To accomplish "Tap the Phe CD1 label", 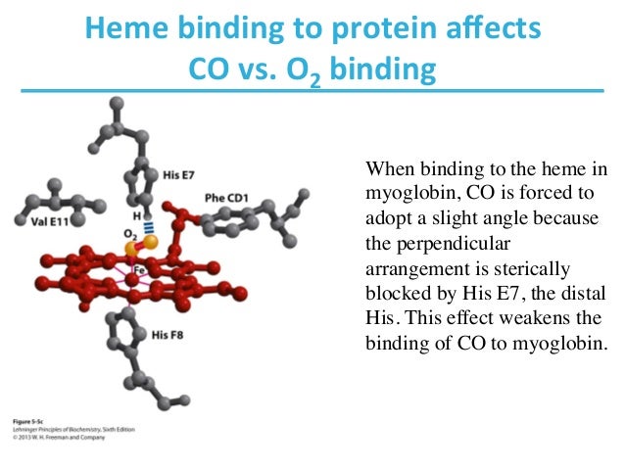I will click(226, 199).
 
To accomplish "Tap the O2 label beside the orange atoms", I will click(130, 235).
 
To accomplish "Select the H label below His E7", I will click(137, 212).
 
